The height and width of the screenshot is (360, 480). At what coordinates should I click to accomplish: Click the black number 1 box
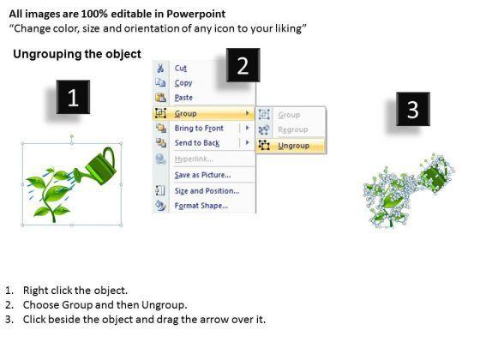[x=73, y=97]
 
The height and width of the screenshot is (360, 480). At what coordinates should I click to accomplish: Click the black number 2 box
[x=243, y=65]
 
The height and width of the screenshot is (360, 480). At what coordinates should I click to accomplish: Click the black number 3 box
[x=413, y=109]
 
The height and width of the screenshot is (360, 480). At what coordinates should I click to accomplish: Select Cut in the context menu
[x=181, y=68]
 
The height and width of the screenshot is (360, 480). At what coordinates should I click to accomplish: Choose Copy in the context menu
[x=183, y=83]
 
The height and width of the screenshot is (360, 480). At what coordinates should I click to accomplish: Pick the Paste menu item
[x=183, y=98]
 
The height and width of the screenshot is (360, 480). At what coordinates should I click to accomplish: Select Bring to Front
[x=199, y=129]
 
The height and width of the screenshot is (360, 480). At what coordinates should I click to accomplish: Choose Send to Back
[x=197, y=143]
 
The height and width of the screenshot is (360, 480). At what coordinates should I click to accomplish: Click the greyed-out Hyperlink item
[x=194, y=159]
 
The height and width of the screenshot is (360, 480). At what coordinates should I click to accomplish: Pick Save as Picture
[x=202, y=175]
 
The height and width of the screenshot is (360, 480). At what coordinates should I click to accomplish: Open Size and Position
[x=207, y=191]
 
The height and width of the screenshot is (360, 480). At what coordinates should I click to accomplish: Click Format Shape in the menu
[x=201, y=206]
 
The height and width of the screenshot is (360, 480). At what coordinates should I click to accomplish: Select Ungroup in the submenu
[x=293, y=146]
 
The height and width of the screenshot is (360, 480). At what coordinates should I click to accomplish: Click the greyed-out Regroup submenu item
[x=293, y=129]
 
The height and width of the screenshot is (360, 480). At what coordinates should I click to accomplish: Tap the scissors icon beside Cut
[x=160, y=68]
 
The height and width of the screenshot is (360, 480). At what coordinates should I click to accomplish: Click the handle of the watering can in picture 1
[x=111, y=156]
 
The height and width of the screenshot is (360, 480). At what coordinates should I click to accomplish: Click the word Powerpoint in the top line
[x=196, y=14]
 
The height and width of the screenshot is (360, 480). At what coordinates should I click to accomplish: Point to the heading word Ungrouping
[x=48, y=54]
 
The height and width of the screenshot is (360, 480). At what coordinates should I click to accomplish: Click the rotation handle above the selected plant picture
[x=72, y=136]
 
